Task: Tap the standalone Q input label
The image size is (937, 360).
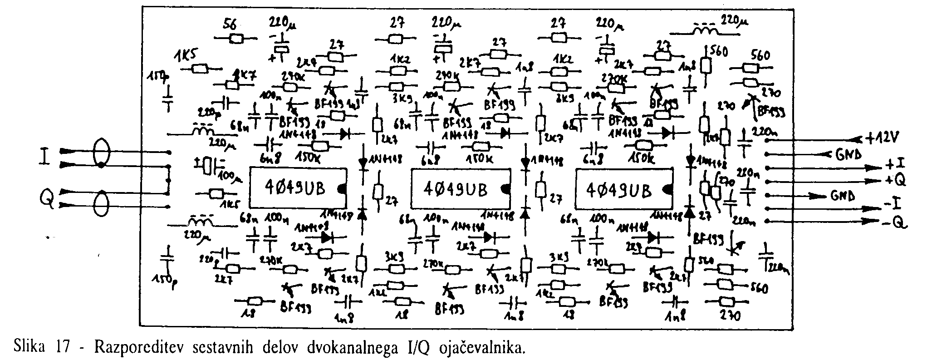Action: (x=46, y=198)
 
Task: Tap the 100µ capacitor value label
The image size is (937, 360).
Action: (x=231, y=175)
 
